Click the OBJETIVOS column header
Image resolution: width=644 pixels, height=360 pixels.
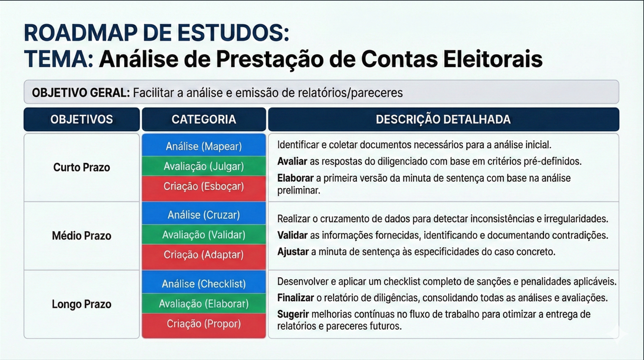(81, 119)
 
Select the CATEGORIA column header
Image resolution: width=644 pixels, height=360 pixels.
(203, 119)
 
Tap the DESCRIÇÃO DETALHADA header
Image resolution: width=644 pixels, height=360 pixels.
(443, 119)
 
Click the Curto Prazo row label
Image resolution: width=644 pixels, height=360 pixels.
(81, 167)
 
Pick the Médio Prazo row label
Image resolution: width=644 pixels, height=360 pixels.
(81, 236)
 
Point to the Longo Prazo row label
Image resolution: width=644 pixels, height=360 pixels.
(81, 304)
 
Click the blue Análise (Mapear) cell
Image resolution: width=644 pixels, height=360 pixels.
(203, 146)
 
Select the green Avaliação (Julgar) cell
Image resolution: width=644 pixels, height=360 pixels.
(203, 166)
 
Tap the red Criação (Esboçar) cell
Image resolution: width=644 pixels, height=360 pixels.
(203, 186)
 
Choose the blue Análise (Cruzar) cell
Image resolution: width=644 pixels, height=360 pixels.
(203, 215)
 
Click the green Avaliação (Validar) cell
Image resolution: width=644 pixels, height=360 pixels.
(203, 235)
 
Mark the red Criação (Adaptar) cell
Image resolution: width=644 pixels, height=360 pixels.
(203, 255)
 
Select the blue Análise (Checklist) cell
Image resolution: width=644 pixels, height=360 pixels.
(203, 284)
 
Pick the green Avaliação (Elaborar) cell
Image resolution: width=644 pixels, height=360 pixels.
(203, 304)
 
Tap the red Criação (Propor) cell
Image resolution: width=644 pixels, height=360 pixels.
(203, 324)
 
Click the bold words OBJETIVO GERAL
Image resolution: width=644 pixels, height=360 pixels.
(81, 92)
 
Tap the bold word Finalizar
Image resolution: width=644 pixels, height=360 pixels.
(296, 298)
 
